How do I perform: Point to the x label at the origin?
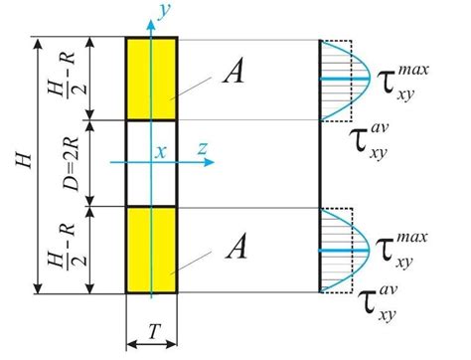click(159, 151)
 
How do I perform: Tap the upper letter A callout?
click(235, 70)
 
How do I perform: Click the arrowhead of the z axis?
click(211, 161)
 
